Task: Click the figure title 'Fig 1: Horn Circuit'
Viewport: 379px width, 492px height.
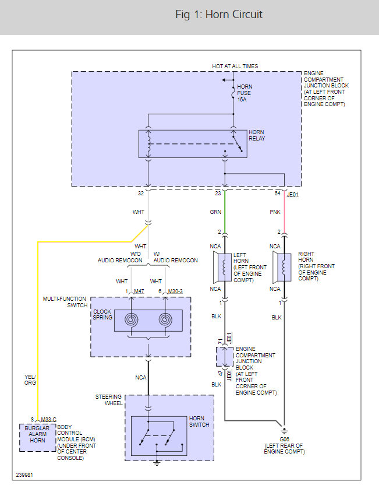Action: (219, 15)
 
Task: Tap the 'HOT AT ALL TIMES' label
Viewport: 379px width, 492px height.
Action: (235, 66)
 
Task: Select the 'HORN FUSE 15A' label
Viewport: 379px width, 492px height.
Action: (245, 93)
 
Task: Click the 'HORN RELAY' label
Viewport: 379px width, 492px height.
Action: (257, 135)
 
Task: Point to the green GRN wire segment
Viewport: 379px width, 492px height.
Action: (225, 212)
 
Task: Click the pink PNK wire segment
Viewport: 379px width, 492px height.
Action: (284, 212)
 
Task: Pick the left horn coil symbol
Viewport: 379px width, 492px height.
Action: (224, 267)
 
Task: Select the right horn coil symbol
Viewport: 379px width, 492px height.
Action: (284, 267)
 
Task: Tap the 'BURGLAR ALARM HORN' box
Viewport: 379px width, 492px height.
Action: (38, 437)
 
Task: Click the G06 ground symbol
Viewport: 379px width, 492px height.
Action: (284, 431)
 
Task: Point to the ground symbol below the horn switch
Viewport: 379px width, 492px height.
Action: (157, 463)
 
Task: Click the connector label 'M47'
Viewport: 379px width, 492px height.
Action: (139, 291)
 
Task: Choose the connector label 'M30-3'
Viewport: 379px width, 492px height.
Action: (175, 291)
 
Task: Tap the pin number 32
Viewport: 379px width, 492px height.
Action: (141, 194)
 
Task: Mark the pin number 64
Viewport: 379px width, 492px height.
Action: (278, 194)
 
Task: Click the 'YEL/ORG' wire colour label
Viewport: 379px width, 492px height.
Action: (30, 379)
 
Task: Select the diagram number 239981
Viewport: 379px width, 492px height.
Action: (24, 475)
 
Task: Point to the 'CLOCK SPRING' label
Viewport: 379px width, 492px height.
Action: (102, 314)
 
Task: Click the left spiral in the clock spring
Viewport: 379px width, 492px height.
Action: (132, 319)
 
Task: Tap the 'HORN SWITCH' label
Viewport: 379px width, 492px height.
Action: (199, 421)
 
